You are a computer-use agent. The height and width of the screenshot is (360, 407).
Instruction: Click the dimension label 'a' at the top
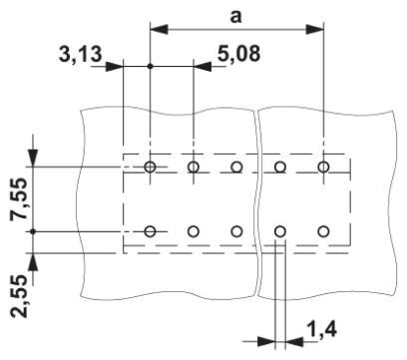[x=235, y=17]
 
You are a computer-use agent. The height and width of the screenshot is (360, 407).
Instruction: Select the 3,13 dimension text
[x=80, y=54]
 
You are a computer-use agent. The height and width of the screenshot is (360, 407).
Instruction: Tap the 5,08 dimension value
[x=238, y=53]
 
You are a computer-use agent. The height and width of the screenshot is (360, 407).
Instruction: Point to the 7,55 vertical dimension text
[x=19, y=198]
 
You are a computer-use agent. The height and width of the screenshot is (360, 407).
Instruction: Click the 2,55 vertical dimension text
[x=19, y=296]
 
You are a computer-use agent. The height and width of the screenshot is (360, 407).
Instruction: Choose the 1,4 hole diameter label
[x=322, y=330]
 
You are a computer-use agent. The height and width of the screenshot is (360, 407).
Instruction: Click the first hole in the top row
[x=151, y=167]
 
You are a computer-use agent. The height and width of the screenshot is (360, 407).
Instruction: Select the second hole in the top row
[x=194, y=167]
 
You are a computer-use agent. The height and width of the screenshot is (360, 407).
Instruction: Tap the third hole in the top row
[x=236, y=167]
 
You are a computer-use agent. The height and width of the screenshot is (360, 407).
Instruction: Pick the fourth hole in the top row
[x=280, y=167]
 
